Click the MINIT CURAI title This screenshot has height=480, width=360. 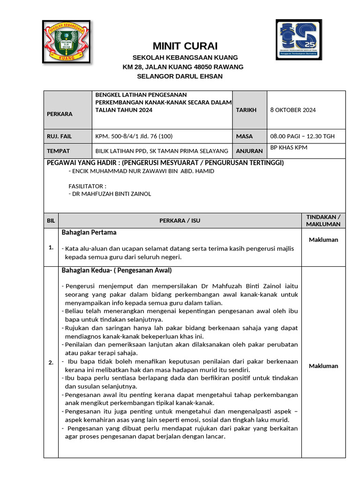click(185, 46)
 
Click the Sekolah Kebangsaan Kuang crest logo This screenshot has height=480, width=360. click(67, 41)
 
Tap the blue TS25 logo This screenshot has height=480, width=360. click(299, 39)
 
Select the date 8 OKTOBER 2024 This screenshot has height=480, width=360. click(293, 110)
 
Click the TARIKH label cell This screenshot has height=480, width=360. click(247, 110)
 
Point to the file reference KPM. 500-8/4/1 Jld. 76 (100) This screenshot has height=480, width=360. click(134, 136)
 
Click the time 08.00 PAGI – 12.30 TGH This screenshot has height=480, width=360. click(302, 136)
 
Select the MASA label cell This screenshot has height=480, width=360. click(244, 136)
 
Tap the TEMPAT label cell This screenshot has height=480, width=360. click(58, 151)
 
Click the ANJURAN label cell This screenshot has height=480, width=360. click(249, 151)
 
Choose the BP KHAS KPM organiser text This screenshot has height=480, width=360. click(289, 148)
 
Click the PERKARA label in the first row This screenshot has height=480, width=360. click(60, 114)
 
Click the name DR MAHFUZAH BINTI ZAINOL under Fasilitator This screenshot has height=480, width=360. click(110, 194)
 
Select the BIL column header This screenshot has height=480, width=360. click(51, 221)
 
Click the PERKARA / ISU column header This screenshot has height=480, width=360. click(180, 221)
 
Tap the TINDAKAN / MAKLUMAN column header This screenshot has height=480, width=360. click(323, 220)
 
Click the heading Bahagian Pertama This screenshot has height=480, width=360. click(89, 232)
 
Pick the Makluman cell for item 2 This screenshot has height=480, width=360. click(323, 366)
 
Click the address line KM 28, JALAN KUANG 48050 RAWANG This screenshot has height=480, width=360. click(183, 67)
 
